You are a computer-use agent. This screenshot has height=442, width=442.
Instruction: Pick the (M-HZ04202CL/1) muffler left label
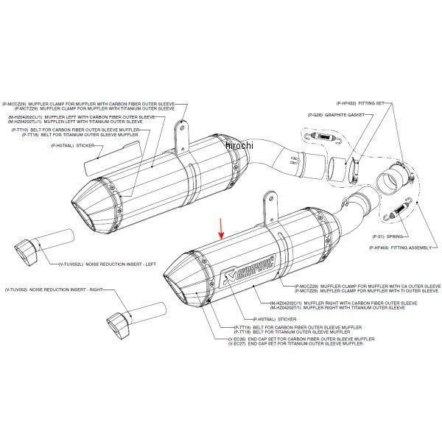(82, 116)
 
